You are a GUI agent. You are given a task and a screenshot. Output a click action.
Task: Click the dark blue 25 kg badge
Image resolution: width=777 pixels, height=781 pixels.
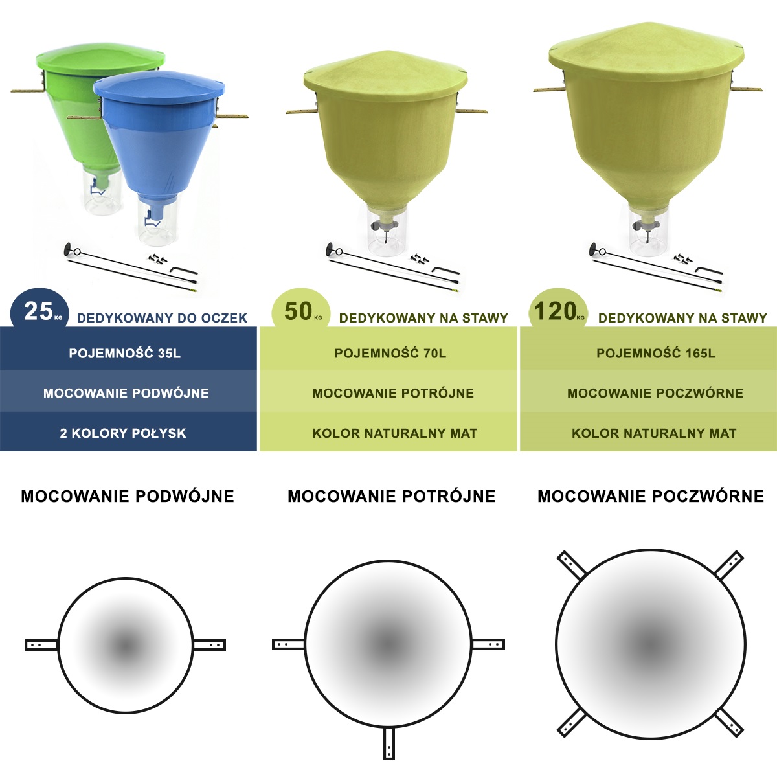pos(39,311)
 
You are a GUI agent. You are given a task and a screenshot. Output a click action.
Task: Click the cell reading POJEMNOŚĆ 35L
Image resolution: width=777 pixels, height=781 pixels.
pos(125,353)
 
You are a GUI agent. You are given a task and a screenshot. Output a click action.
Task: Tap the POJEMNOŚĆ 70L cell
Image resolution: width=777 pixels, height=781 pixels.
pos(390,353)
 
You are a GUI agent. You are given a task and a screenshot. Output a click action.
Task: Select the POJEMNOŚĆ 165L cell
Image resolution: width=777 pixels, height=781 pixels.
pos(655,353)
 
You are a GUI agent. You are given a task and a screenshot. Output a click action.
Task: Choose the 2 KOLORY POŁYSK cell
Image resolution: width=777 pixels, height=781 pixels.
pos(123,433)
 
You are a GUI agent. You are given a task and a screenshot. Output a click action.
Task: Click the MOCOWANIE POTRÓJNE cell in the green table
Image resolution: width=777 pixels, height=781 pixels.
pos(393,393)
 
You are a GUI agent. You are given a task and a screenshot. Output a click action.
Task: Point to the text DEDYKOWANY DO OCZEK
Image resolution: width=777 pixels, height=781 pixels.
pos(162,318)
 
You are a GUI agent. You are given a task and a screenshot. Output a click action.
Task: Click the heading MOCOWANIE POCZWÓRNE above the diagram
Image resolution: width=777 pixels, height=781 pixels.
pos(651,496)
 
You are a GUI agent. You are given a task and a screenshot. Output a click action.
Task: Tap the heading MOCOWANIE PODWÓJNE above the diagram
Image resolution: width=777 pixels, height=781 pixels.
pos(128,496)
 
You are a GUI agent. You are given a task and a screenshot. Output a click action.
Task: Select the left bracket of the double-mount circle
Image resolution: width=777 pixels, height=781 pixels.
pos(41,644)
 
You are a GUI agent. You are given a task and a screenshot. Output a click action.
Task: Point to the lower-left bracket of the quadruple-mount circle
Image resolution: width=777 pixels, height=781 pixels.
pos(572,722)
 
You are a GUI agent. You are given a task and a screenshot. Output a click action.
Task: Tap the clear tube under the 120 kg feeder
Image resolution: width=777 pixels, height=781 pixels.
pos(647,230)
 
